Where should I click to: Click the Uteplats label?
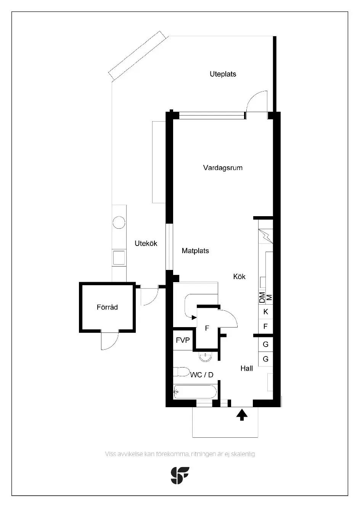tap(223, 74)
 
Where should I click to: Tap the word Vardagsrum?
tap(223, 168)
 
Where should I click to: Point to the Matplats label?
tap(195, 251)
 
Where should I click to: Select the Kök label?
tap(239, 276)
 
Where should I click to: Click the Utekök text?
tap(146, 243)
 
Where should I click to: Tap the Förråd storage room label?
tap(107, 307)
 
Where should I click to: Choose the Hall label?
tap(247, 368)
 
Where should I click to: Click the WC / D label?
tap(202, 375)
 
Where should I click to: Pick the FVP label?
tap(183, 340)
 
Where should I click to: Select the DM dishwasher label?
tap(262, 298)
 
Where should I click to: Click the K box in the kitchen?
tap(266, 312)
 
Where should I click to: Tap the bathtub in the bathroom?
tap(196, 392)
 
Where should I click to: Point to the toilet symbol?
tap(182, 372)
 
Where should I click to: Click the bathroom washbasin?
tap(206, 356)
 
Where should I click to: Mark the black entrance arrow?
tap(242, 414)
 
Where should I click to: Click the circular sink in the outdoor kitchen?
tap(119, 222)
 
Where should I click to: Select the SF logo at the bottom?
tap(180, 475)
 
